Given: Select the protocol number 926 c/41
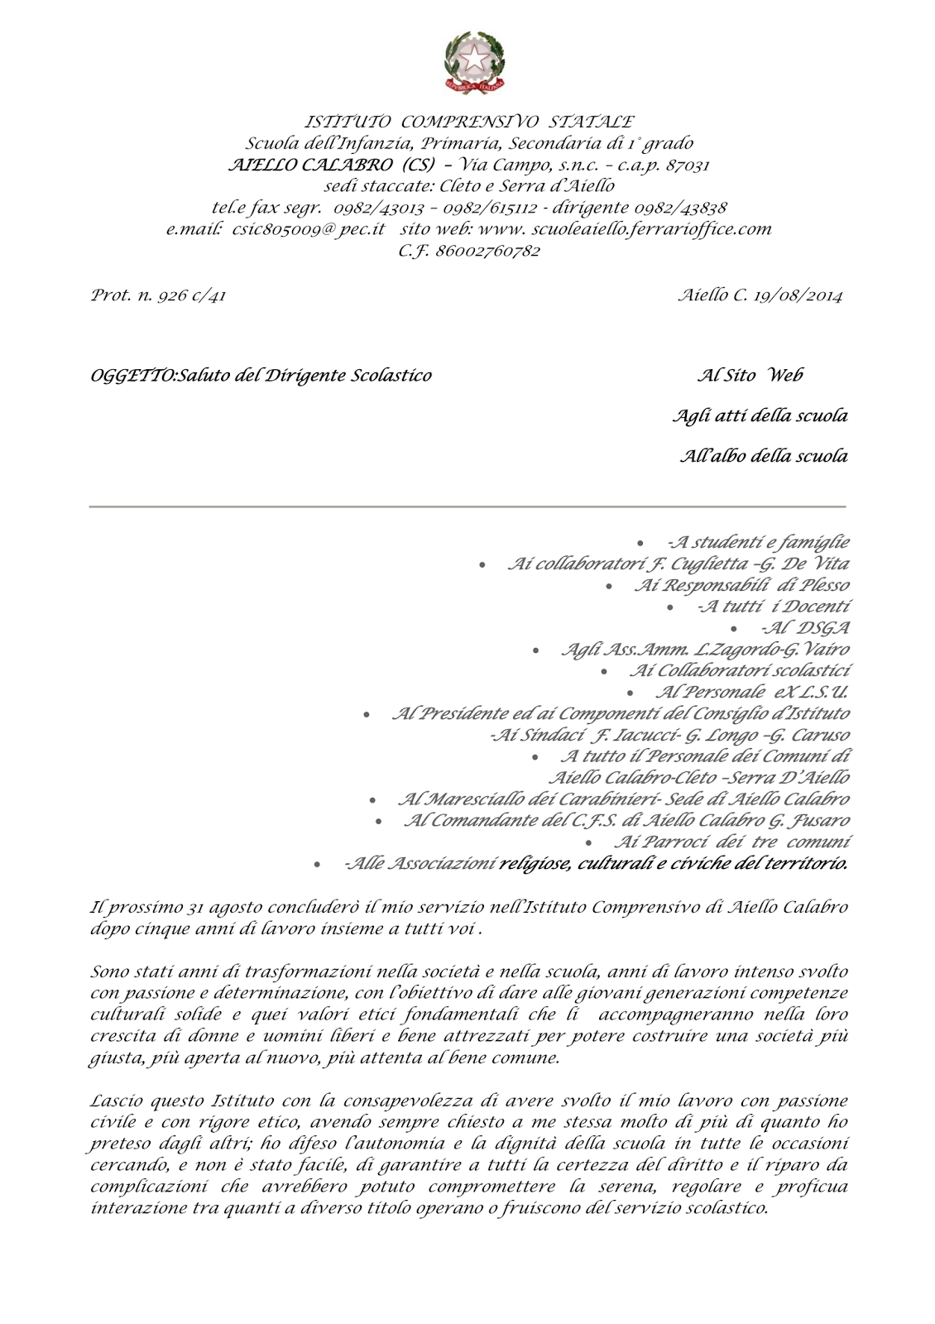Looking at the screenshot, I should [191, 295].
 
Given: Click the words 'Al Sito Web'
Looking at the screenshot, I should [750, 376].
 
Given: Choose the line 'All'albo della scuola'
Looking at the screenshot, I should [763, 456].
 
